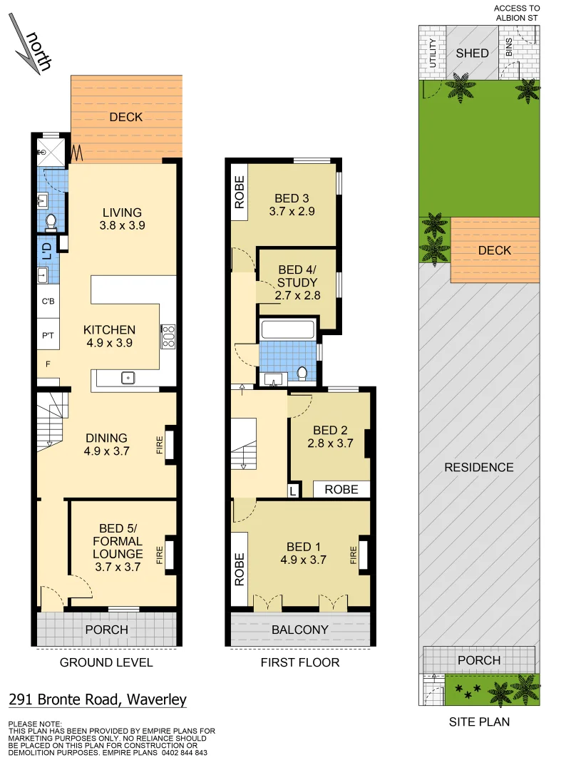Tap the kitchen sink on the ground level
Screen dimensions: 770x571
(128, 378)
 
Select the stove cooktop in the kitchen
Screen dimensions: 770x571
(168, 337)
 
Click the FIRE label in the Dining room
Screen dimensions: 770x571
(160, 446)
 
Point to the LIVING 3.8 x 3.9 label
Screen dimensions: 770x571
(122, 218)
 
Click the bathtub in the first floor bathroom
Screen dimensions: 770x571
(288, 330)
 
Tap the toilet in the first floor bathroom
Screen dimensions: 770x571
(302, 373)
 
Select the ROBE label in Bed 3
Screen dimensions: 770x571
(240, 192)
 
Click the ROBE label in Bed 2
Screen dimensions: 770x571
(341, 489)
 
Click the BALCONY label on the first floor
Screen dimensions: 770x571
(299, 630)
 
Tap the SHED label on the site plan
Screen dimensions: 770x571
(472, 53)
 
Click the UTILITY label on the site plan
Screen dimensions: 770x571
(432, 53)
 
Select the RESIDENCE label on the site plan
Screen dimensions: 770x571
(478, 468)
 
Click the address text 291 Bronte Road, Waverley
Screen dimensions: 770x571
(98, 699)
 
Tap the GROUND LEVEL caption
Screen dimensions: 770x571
(106, 662)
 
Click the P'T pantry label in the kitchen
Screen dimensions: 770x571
(48, 335)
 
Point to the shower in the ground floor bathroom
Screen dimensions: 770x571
(51, 150)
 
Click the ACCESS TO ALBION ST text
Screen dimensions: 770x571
(516, 12)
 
